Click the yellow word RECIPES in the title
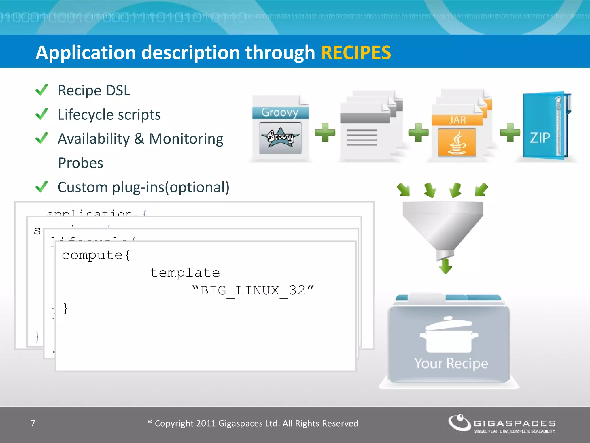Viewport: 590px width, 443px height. tap(355, 52)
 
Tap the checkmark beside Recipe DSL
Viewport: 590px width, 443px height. tap(42, 90)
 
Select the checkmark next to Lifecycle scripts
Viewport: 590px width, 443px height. tap(42, 114)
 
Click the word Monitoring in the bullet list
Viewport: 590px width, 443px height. tap(186, 139)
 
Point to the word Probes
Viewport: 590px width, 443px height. tap(81, 163)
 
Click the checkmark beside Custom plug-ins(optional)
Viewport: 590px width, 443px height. tap(42, 187)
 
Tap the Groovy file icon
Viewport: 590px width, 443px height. tap(280, 128)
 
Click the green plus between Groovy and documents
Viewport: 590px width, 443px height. tap(325, 133)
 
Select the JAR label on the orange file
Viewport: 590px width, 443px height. tap(457, 120)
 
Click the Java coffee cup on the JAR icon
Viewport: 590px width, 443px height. tap(457, 143)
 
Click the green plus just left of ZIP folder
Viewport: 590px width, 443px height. tap(510, 133)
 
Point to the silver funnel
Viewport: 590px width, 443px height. tap(443, 225)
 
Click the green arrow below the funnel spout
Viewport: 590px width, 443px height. tap(446, 266)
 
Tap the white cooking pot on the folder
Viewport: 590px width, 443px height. tap(449, 336)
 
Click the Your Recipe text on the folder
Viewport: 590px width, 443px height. tap(451, 363)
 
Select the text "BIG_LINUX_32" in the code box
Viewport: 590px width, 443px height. tap(253, 290)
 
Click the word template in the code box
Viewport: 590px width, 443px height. tap(185, 273)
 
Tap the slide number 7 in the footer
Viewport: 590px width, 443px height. tap(33, 423)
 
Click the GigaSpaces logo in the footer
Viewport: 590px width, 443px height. tap(501, 423)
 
